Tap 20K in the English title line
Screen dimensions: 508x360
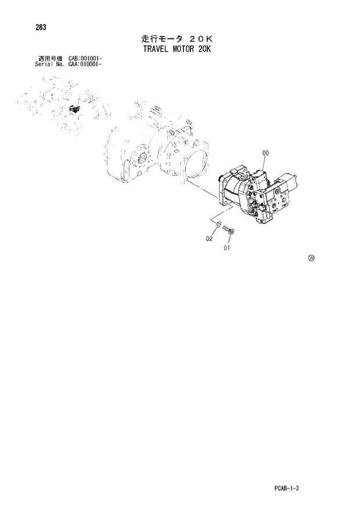point(204,49)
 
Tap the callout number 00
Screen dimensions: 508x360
point(266,153)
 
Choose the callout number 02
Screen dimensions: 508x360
point(209,238)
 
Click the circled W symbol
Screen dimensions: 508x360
point(311,258)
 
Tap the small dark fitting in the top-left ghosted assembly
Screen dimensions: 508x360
point(74,109)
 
